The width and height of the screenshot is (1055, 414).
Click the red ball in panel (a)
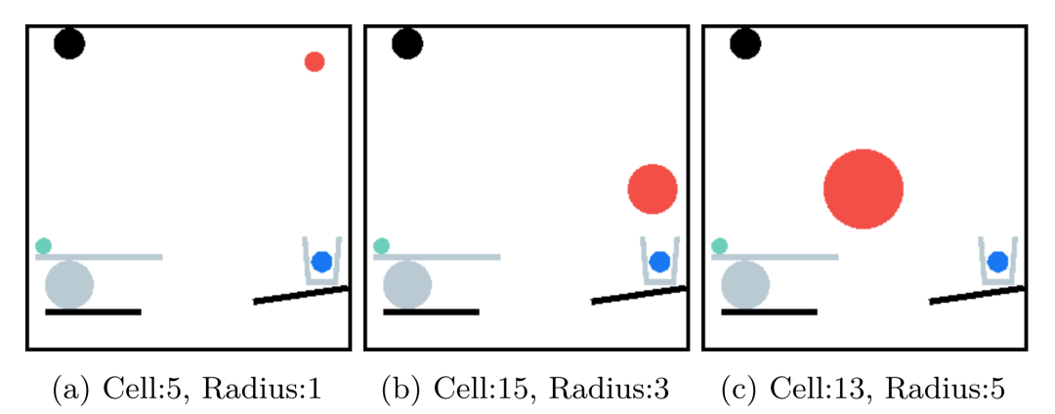coord(315,62)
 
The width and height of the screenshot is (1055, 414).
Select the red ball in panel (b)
coord(653,189)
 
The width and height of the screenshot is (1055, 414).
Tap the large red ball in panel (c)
coord(864,189)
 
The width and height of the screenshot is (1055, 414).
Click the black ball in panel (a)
coord(69,43)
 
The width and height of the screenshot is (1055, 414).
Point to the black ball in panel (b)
coord(407,43)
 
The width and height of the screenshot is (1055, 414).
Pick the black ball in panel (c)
coord(745,43)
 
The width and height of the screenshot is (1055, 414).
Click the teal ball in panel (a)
coord(43,246)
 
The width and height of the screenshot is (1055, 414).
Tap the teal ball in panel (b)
coord(381,246)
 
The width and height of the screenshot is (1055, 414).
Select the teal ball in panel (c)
coord(720,246)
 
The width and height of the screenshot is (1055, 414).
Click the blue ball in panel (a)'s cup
coord(321,262)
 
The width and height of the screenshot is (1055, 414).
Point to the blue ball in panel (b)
coord(659,262)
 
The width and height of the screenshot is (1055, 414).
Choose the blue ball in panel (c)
coord(997,262)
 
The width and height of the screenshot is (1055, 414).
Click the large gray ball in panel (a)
coord(69,285)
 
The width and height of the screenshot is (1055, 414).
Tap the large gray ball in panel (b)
coord(407,285)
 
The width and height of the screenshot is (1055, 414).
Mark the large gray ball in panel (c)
coord(745,285)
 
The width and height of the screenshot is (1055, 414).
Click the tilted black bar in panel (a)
coord(302,295)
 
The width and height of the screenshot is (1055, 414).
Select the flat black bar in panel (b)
coord(431,312)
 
